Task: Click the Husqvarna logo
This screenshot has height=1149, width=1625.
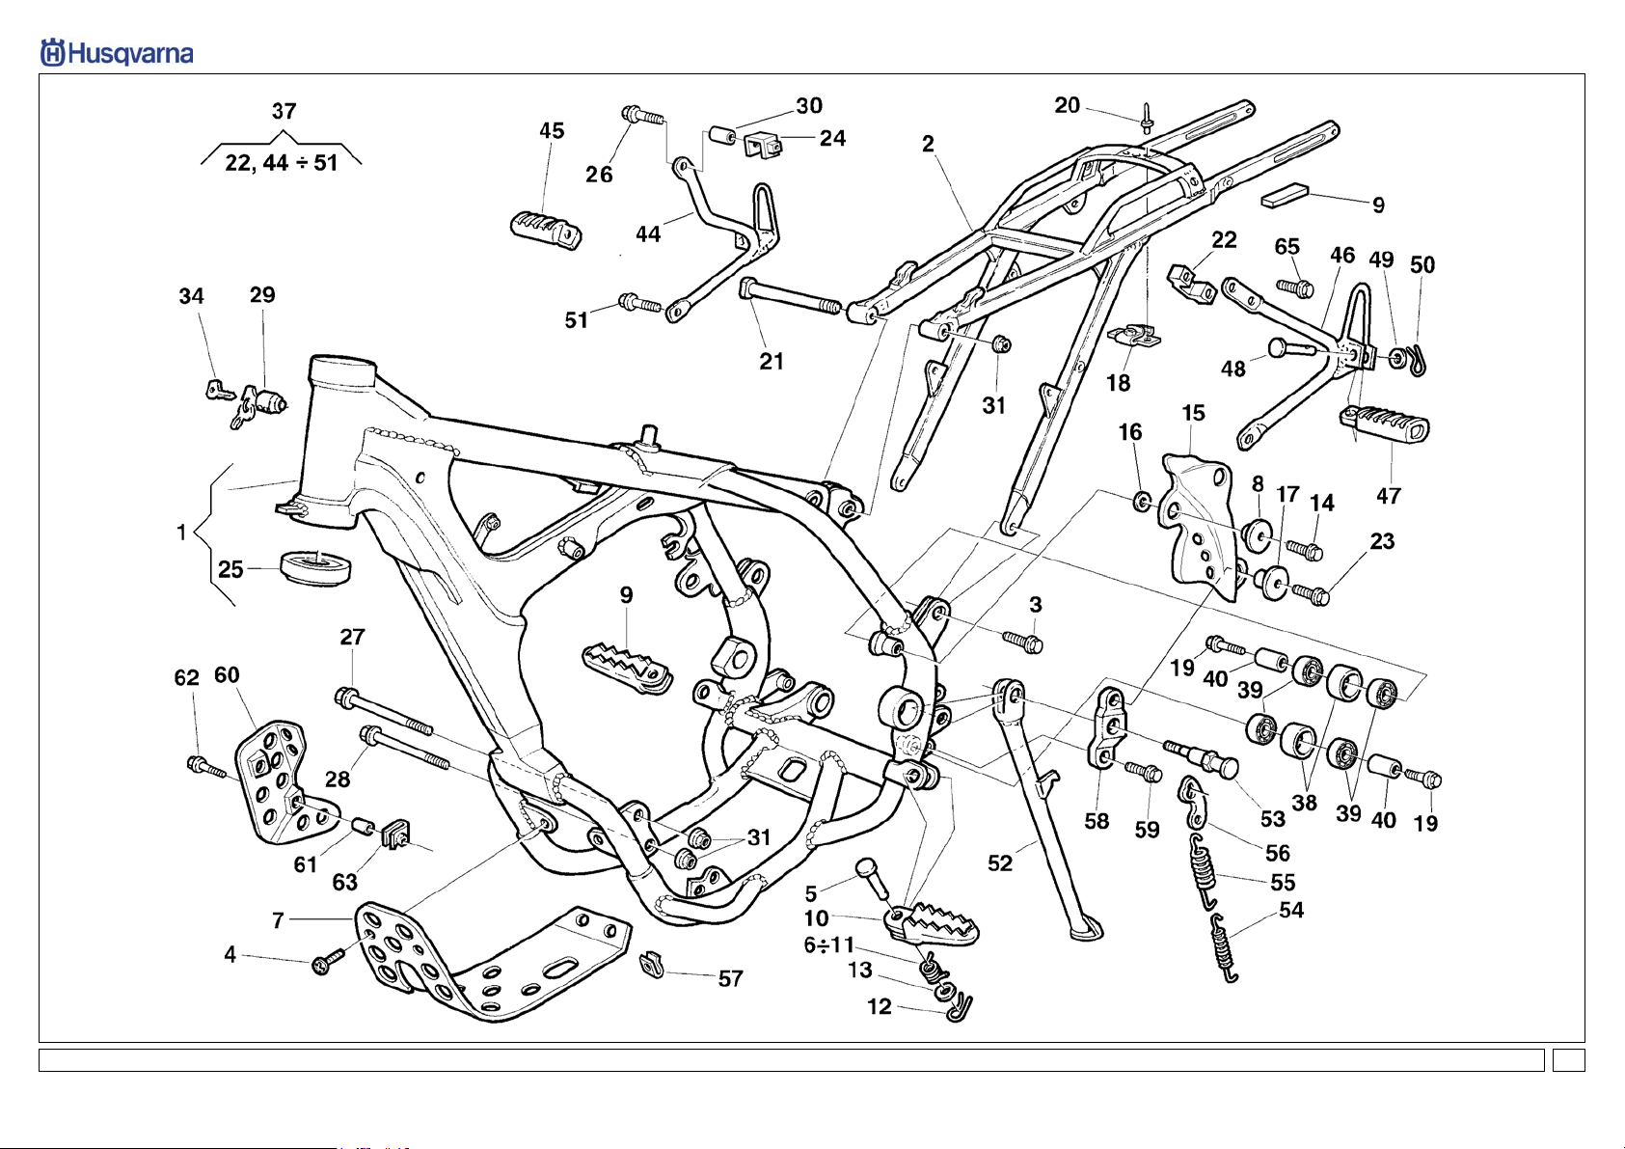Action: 117,53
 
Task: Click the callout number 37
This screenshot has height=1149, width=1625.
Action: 284,111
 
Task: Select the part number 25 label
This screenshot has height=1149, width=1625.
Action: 230,569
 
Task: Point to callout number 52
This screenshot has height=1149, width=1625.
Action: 1000,863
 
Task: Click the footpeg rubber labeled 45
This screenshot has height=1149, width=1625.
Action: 546,231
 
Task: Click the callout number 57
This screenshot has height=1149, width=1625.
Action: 730,978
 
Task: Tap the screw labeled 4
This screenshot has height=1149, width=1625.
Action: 330,960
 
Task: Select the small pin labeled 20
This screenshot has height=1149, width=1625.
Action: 1147,119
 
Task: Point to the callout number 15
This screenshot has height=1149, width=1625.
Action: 1193,413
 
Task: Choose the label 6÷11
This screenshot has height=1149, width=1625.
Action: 829,945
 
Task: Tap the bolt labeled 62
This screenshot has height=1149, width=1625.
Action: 208,767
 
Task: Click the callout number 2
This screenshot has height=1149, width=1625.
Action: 928,144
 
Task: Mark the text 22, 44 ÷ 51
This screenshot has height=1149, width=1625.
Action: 282,163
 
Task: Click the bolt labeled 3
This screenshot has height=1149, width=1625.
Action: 1023,641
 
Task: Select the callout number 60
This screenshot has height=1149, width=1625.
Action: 227,675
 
